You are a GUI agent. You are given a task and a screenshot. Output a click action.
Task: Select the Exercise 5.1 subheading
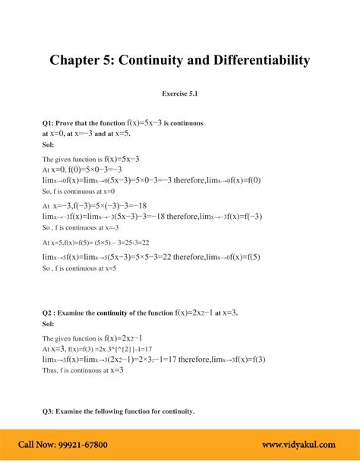180,94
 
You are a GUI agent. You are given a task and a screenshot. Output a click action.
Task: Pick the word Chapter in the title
77,59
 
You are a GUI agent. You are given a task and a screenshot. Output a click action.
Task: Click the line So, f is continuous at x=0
83,192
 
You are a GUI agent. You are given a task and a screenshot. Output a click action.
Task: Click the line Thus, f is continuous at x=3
83,370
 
